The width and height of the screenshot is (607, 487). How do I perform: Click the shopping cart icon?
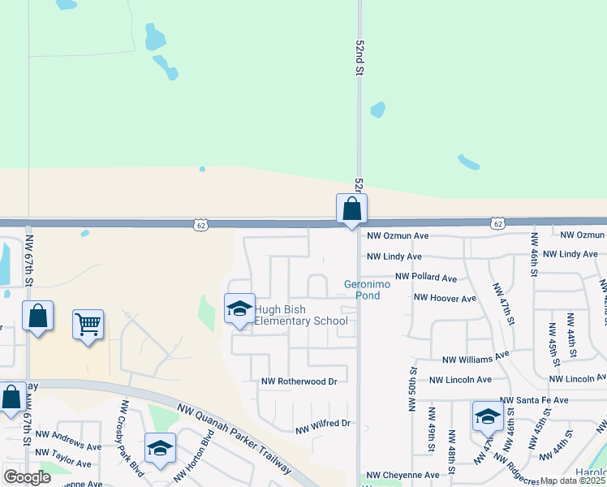88,325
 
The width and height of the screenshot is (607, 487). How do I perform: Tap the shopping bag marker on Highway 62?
351,209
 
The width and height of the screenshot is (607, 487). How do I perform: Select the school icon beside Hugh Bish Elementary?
239,309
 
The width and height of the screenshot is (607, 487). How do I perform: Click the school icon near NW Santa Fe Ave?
487,416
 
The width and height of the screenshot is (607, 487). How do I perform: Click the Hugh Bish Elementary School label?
302,315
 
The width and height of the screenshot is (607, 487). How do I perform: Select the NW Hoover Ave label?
445,298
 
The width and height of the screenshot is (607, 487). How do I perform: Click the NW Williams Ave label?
476,357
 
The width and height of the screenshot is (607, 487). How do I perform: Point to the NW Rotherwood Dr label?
299,381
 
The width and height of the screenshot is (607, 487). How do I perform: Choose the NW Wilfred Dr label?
322,424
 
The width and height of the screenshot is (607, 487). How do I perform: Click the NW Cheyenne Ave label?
403,475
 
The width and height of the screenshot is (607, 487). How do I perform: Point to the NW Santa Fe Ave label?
535,400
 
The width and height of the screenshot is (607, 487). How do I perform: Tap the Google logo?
28,476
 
